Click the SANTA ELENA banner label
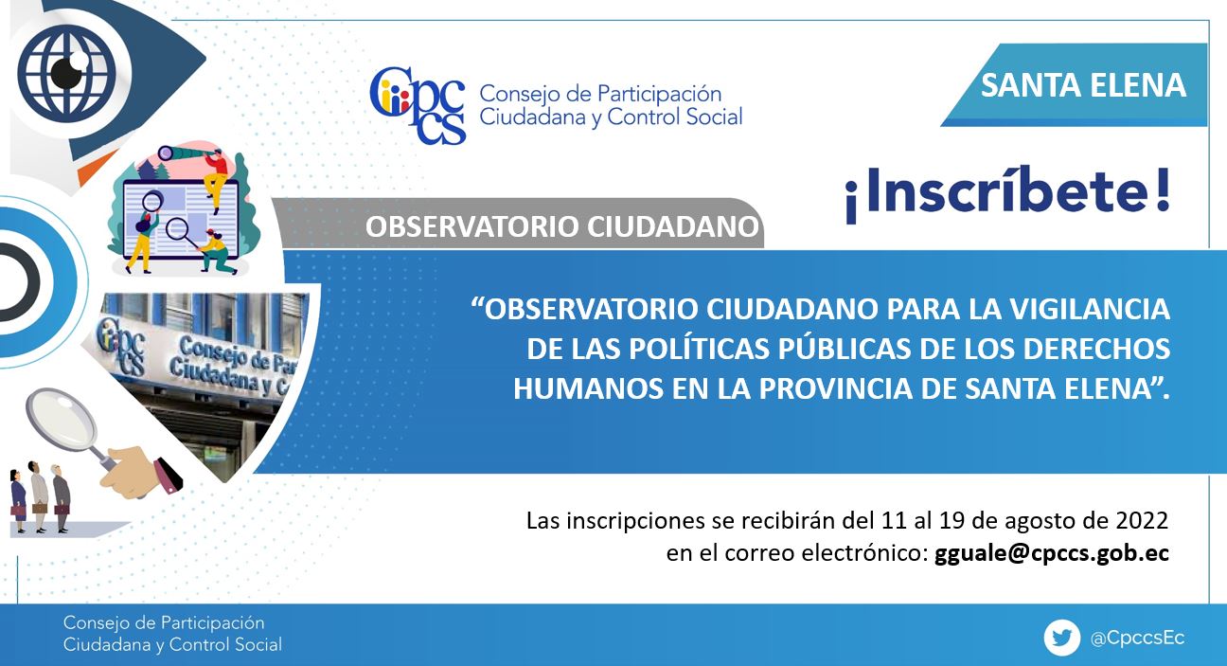(1083, 85)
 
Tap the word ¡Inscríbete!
(1008, 194)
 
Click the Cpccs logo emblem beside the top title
(418, 105)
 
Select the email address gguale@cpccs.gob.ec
(1052, 552)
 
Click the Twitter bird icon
(1061, 638)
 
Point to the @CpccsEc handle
(1137, 638)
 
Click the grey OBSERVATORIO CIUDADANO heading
(562, 227)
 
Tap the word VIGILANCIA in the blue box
(1090, 309)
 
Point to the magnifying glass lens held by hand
(62, 417)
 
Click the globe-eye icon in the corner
(67, 72)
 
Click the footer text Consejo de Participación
(164, 623)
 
